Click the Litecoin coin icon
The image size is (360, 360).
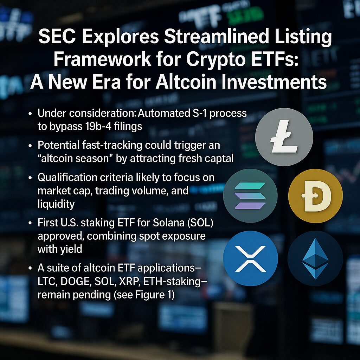(284, 137)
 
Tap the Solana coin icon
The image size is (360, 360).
(250, 196)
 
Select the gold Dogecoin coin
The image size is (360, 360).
(315, 196)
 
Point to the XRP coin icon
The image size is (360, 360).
(250, 258)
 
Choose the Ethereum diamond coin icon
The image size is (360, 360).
(315, 258)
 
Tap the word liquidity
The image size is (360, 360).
(56, 204)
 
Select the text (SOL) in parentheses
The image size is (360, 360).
(200, 223)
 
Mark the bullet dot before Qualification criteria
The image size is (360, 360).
(30, 178)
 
